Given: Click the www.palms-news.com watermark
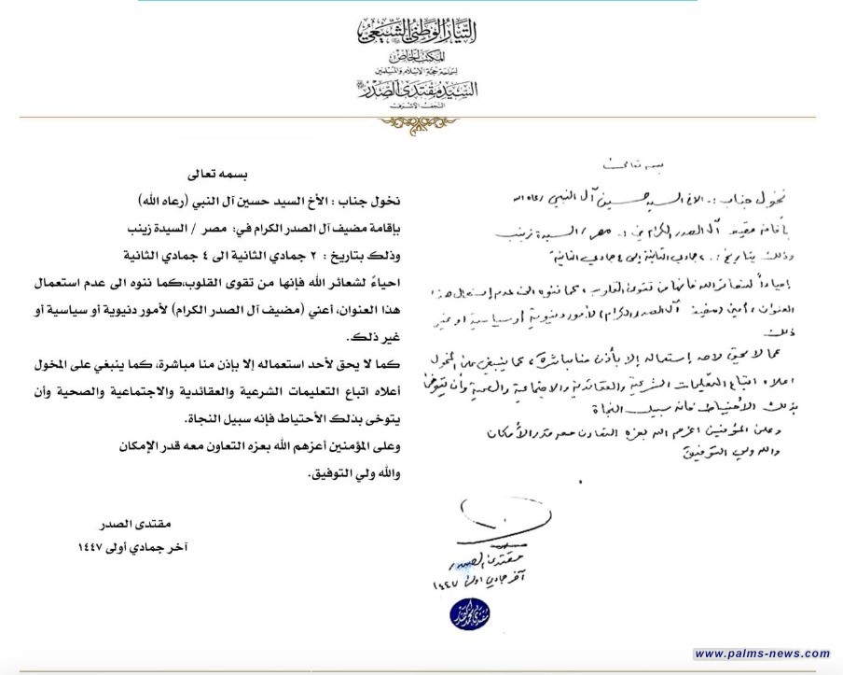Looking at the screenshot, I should [x=762, y=653].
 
